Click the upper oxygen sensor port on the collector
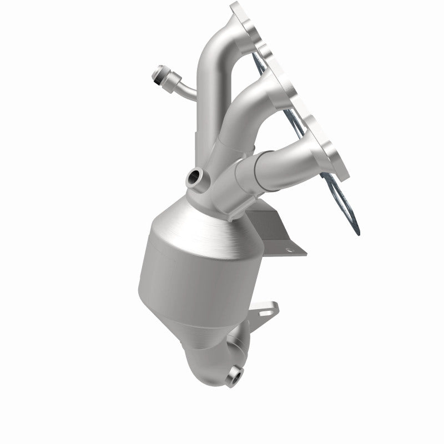195,177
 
